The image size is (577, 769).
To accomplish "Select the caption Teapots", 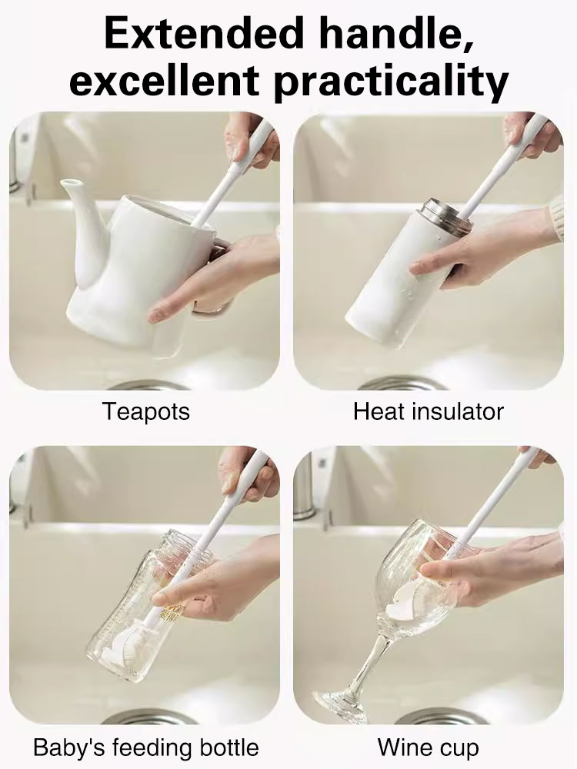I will [146, 411].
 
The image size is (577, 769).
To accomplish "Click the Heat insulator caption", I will [429, 411].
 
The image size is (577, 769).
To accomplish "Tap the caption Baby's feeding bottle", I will [146, 747].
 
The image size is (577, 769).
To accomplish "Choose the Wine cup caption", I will [429, 747].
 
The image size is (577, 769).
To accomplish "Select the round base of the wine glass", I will [339, 704].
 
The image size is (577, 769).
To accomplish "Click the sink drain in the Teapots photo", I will [146, 384].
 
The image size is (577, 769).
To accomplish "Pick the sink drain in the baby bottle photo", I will [146, 717].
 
